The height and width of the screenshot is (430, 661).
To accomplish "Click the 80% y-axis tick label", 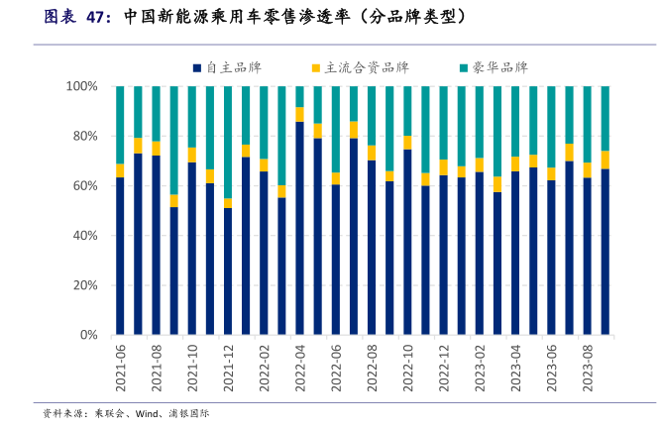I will (84, 137).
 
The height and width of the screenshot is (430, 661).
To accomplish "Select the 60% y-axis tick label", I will (84, 186).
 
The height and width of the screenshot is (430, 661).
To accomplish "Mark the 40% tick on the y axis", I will (84, 236).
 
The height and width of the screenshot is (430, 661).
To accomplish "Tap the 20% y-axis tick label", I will (84, 285).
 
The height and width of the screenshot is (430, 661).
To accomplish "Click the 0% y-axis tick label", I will (88, 336).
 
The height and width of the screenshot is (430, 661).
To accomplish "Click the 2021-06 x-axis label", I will (121, 365).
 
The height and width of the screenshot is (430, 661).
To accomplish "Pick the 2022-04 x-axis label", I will (300, 365).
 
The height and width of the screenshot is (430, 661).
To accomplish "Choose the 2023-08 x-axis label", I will (588, 365).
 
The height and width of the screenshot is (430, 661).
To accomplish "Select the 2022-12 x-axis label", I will (444, 365).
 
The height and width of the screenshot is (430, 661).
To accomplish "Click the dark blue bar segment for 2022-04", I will (299, 228).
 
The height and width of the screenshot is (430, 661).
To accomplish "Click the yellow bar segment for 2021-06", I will (120, 170).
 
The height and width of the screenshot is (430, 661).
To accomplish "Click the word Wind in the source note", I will (149, 413).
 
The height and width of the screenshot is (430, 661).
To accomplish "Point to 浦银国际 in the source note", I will (189, 413).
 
